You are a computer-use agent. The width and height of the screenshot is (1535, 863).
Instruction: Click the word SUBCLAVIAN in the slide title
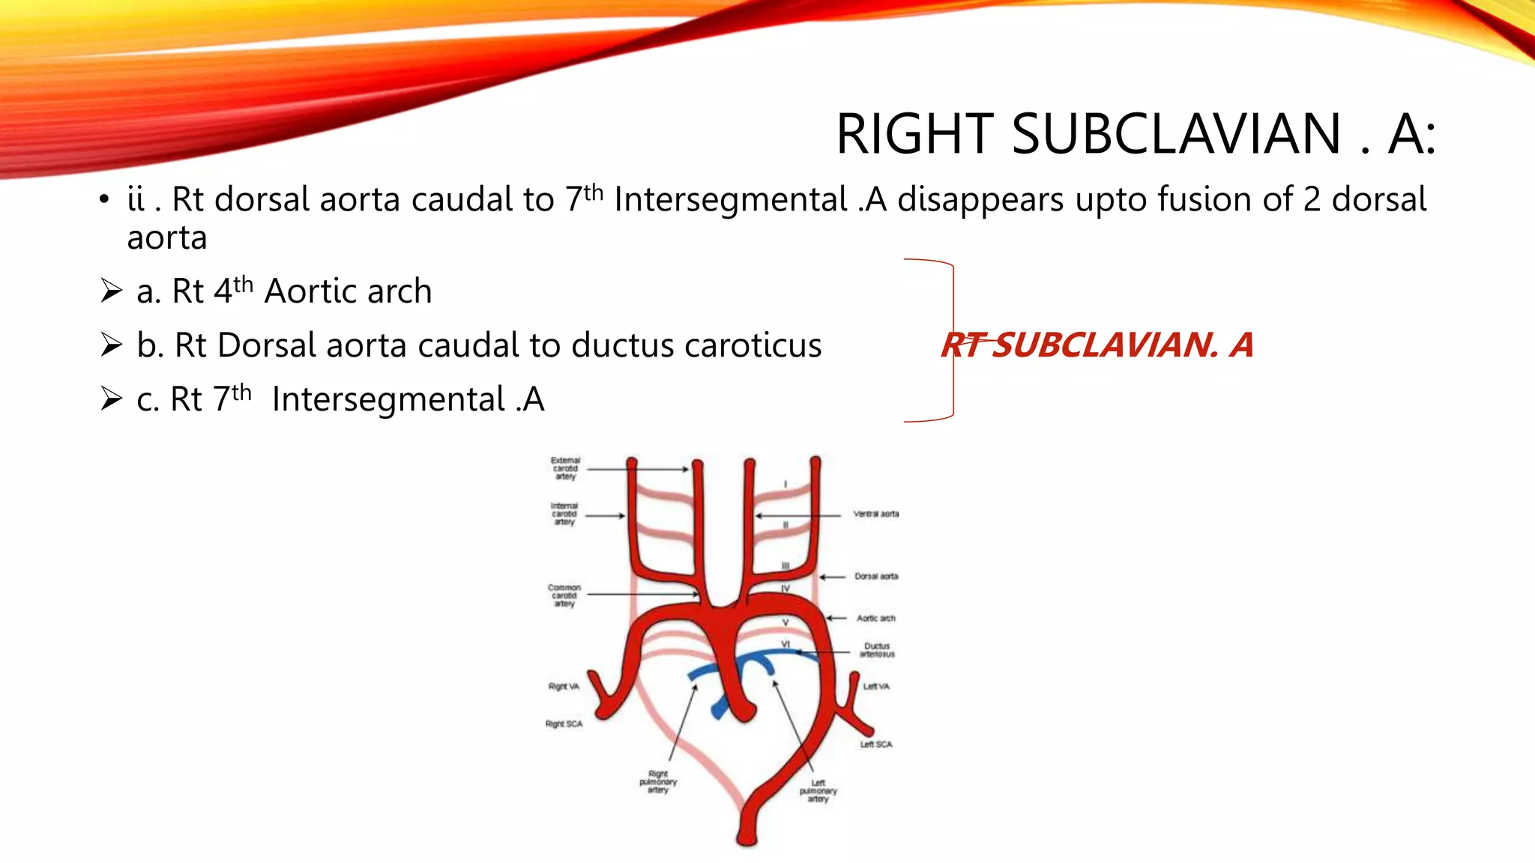pyautogui.click(x=1176, y=135)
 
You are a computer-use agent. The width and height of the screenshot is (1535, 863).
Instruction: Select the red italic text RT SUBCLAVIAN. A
pyautogui.click(x=1097, y=345)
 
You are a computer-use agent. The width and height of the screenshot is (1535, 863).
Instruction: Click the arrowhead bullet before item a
pyautogui.click(x=111, y=291)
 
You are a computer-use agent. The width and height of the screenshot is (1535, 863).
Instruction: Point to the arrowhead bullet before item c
pyautogui.click(x=111, y=399)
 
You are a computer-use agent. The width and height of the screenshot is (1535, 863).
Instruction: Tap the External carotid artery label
pyautogui.click(x=565, y=468)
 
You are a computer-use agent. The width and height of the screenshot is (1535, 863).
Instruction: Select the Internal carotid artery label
pyautogui.click(x=564, y=514)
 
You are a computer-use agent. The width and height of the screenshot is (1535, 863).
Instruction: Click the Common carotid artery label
pyautogui.click(x=564, y=596)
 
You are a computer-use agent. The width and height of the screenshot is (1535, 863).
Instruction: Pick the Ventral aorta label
pyautogui.click(x=875, y=514)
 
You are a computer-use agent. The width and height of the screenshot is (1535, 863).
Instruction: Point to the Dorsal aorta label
pyautogui.click(x=876, y=576)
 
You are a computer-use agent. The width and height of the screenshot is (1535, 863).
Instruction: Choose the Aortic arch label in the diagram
pyautogui.click(x=875, y=618)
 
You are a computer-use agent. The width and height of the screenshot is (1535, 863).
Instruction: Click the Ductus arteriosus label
pyautogui.click(x=876, y=649)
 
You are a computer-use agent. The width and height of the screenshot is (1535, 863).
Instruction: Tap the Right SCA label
pyautogui.click(x=564, y=724)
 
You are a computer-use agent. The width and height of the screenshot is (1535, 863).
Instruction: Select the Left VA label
pyautogui.click(x=876, y=686)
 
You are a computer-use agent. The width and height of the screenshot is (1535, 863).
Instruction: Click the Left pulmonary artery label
pyautogui.click(x=818, y=791)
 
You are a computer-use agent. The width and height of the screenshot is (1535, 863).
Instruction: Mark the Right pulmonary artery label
pyautogui.click(x=657, y=782)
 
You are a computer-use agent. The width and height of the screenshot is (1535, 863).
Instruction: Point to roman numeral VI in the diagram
pyautogui.click(x=785, y=644)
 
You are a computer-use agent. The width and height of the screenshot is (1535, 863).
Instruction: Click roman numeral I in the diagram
pyautogui.click(x=785, y=484)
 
